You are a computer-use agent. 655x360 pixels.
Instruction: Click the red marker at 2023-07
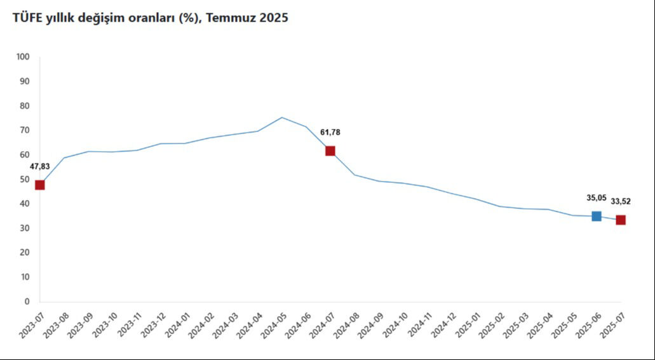(x=40, y=185)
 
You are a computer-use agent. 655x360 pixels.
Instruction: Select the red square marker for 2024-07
(x=330, y=151)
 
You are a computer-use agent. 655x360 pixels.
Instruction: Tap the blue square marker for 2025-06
(x=597, y=217)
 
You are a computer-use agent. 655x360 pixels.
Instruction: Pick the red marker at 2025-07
(x=621, y=220)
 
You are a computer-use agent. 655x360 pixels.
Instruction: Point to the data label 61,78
(x=330, y=132)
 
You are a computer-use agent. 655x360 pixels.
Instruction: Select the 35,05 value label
(x=597, y=197)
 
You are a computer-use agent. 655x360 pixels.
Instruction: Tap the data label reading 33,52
(x=621, y=202)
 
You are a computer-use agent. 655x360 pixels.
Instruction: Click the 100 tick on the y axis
(x=24, y=57)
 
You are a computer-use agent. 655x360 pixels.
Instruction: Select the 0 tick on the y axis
(x=27, y=302)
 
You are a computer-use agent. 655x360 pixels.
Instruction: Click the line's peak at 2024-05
(x=282, y=117)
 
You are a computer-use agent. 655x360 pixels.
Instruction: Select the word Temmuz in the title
(x=232, y=18)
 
